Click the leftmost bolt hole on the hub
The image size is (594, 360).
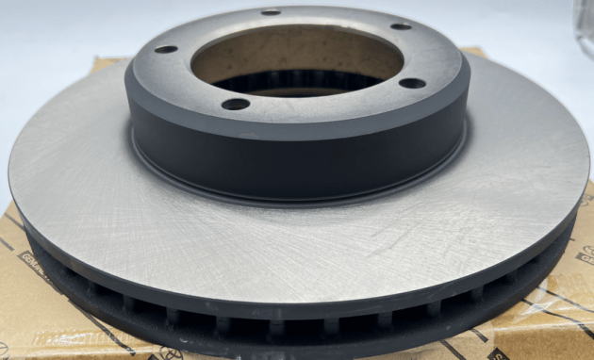tap(166, 49)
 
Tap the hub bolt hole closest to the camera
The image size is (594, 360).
tap(235, 103)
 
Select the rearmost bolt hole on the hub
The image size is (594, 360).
tap(271, 12)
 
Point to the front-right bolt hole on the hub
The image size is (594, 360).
tap(412, 83)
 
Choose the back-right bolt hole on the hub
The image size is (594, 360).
tap(401, 26)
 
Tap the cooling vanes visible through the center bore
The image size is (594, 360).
tap(283, 83)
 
